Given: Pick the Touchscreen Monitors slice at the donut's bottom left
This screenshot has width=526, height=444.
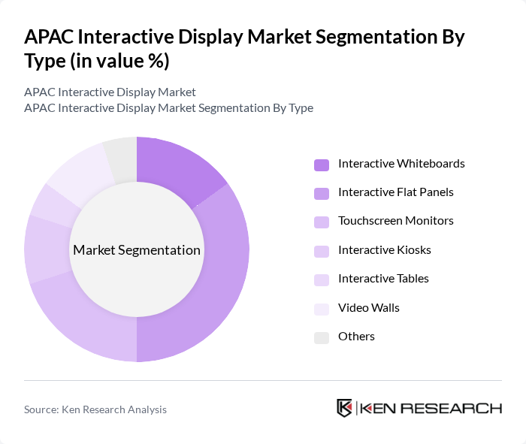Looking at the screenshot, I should pyautogui.click(x=83, y=319).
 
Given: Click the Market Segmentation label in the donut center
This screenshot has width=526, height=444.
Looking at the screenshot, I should pyautogui.click(x=136, y=250).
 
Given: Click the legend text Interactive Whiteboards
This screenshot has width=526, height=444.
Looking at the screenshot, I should pyautogui.click(x=401, y=164).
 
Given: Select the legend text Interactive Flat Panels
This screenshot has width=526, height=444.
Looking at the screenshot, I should pyautogui.click(x=395, y=192).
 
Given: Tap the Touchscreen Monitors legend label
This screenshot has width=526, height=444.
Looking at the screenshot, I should pyautogui.click(x=395, y=221).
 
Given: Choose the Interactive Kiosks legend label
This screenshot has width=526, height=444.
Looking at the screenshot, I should pyautogui.click(x=384, y=249).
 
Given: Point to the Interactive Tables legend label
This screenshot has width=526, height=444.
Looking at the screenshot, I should pyautogui.click(x=383, y=279).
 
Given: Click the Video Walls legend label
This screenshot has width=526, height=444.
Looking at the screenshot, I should pyautogui.click(x=368, y=307).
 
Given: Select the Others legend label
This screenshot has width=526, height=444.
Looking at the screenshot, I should pyautogui.click(x=356, y=337).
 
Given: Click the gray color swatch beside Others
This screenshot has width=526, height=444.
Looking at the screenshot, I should pyautogui.click(x=321, y=337).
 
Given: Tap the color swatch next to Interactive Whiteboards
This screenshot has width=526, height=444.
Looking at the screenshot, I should pyautogui.click(x=321, y=164).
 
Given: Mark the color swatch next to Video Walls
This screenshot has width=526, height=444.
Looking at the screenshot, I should pyautogui.click(x=321, y=308).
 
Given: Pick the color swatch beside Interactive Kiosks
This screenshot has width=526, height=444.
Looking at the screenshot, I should pyautogui.click(x=321, y=250).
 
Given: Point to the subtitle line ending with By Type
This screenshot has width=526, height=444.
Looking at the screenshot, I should pyautogui.click(x=168, y=108).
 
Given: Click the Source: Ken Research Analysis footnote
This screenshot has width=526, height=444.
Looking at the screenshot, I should pyautogui.click(x=95, y=409).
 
